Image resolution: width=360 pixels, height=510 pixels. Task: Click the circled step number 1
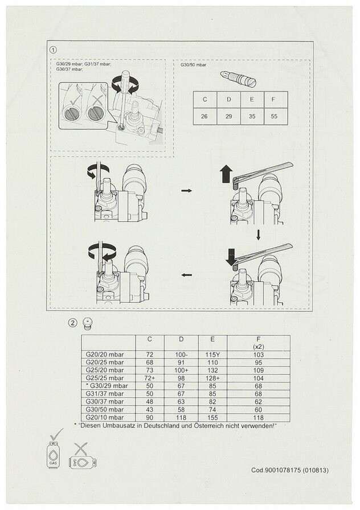click(54, 50)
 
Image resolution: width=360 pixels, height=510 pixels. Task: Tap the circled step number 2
click(72, 323)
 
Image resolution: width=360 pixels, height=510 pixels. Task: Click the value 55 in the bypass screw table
click(274, 116)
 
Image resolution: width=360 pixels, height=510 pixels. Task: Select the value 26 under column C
click(204, 116)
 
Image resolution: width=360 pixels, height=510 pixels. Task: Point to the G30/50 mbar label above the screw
click(193, 65)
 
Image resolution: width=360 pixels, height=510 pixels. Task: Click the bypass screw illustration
click(238, 79)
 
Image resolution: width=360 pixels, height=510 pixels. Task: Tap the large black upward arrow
click(226, 174)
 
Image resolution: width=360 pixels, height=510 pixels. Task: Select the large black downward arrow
click(231, 257)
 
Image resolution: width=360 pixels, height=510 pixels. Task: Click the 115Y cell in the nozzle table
click(212, 355)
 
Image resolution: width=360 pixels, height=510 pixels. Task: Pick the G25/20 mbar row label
click(105, 370)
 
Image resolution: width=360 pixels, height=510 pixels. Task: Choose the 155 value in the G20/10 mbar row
click(212, 417)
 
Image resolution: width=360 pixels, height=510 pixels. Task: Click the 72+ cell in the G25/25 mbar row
click(150, 378)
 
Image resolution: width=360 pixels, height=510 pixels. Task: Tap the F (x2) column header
click(259, 343)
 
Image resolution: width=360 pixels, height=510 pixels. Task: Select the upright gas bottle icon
click(53, 455)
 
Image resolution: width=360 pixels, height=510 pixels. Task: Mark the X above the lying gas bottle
click(80, 449)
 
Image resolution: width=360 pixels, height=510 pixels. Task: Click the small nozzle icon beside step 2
click(87, 324)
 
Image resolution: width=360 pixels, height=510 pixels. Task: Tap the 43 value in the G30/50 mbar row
click(150, 409)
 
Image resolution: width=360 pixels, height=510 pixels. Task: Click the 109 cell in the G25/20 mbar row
click(259, 370)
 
